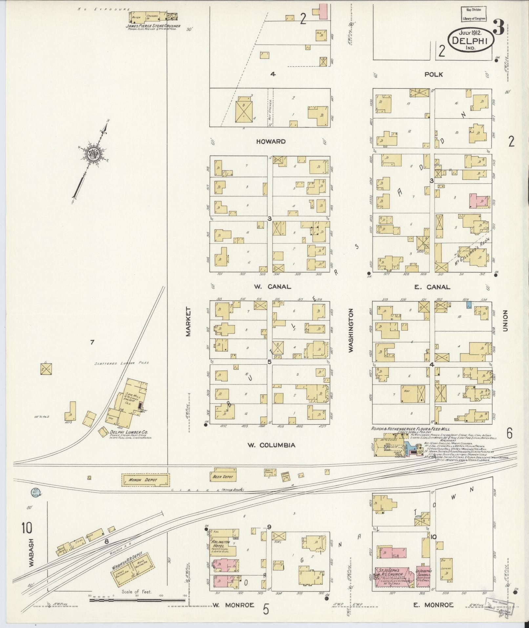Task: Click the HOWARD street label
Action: click(x=271, y=141)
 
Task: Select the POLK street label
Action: click(x=433, y=75)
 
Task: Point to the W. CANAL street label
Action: click(x=272, y=287)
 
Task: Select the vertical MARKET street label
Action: click(x=188, y=322)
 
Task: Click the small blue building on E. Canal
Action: click(x=469, y=305)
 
